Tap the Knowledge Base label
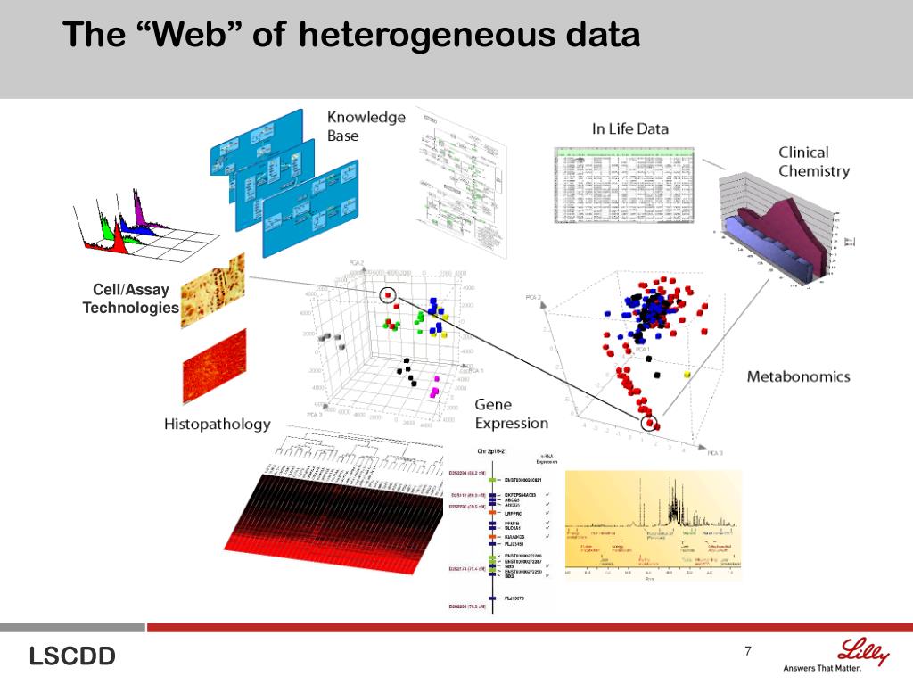point(366,126)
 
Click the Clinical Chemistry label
point(813,161)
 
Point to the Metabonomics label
point(798,376)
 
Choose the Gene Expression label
point(511,414)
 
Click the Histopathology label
point(217,424)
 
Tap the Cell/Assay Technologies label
point(131,299)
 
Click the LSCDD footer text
point(72,657)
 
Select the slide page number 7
point(748,651)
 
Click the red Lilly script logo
point(863,652)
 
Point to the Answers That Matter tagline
point(835,668)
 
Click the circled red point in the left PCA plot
point(388,296)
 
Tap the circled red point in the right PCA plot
point(649,421)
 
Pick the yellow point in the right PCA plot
point(687,376)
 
